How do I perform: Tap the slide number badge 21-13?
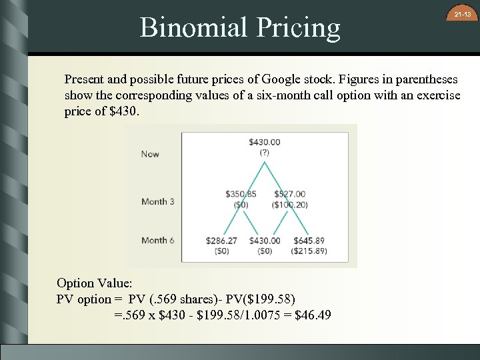click(x=462, y=15)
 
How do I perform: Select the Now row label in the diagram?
click(x=150, y=154)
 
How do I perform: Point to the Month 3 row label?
click(x=158, y=201)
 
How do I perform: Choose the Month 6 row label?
click(x=158, y=240)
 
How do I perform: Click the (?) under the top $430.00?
click(x=264, y=152)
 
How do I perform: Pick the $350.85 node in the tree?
click(x=241, y=194)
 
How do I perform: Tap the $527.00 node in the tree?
click(x=289, y=194)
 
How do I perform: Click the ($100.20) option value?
click(x=289, y=205)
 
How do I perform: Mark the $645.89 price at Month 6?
click(x=309, y=240)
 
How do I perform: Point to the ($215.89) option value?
click(x=309, y=251)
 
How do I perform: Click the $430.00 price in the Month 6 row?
click(x=265, y=240)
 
